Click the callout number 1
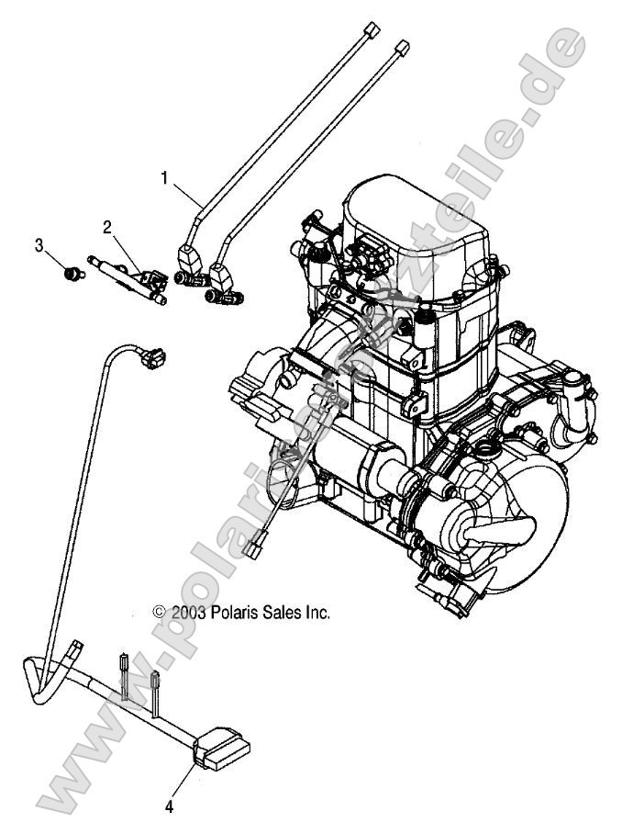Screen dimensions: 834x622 (x=166, y=178)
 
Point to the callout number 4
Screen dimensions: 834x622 (x=169, y=808)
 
